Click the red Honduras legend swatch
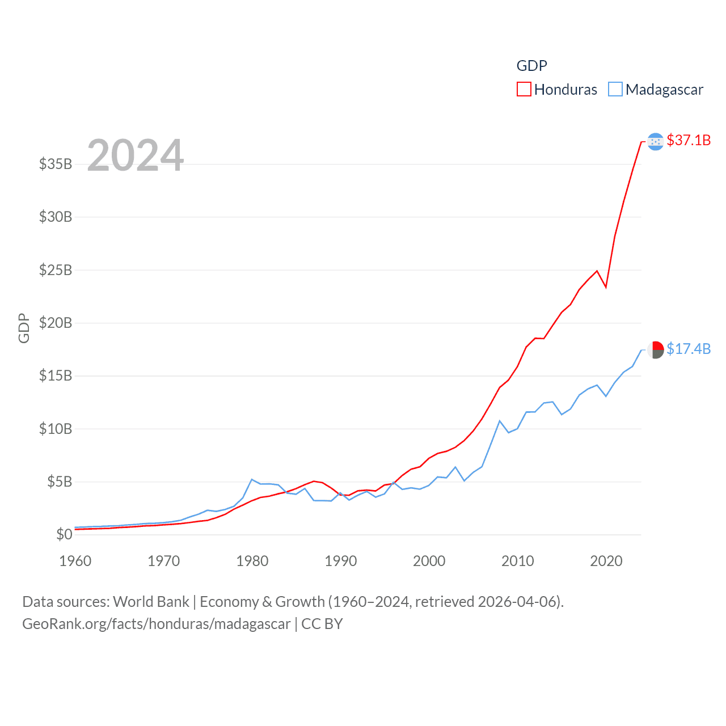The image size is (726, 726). coord(524,90)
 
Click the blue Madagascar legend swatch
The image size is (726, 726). coord(615,90)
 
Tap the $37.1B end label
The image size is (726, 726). coord(689,140)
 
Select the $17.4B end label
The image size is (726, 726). coord(689,349)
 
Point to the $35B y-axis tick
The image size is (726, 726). coord(56,164)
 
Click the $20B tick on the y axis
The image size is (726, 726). coord(56,323)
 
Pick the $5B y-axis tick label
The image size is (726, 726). coord(60,482)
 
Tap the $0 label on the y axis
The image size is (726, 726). coord(64,534)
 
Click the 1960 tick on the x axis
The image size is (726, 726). coord(75,561)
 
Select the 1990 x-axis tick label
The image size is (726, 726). coord(341,561)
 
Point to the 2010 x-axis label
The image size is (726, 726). coord(518,561)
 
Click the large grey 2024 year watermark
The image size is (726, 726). coord(136,155)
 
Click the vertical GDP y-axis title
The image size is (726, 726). coord(24,328)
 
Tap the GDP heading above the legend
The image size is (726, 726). coord(531,66)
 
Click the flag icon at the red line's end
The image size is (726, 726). coord(655,141)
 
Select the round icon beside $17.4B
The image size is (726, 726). coord(656,350)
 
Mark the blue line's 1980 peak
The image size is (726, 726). coord(252,480)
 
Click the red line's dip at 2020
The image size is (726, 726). coord(606,286)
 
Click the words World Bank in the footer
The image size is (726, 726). coord(151,601)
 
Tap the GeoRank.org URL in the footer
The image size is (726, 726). coord(156,624)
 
